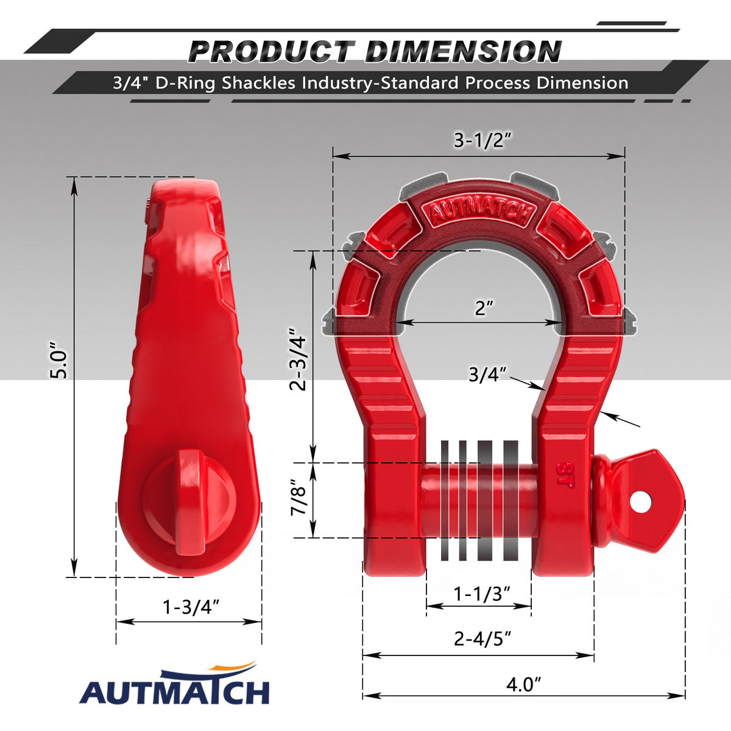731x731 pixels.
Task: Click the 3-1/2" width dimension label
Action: coord(483,141)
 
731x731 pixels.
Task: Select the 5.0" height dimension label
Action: coord(59,361)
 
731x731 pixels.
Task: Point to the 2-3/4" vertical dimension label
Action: coord(297,363)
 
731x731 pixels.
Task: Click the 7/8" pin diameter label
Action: coord(298,498)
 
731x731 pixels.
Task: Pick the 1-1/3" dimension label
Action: coord(482,594)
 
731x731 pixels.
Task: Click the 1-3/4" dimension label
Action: coord(191,607)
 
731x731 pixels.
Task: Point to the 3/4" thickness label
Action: coord(487,375)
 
